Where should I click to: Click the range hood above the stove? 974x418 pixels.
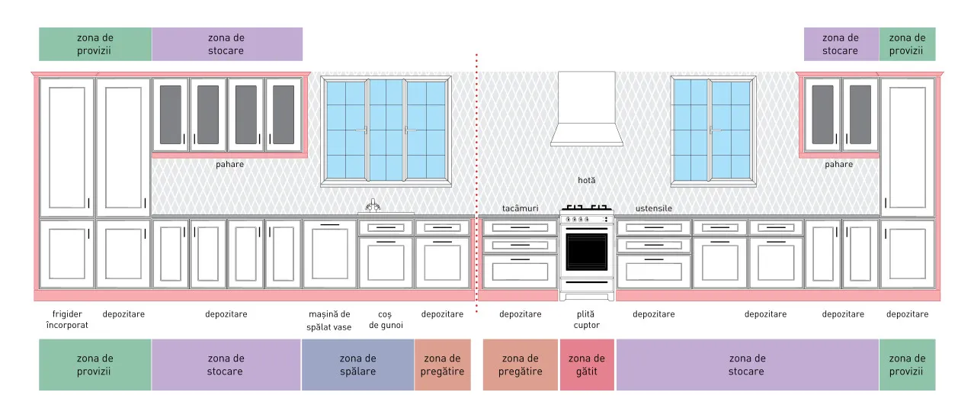tap(587, 109)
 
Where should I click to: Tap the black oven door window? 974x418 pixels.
tap(587, 252)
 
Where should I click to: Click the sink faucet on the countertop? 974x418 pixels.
tap(373, 205)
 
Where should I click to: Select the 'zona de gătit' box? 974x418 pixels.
tap(587, 365)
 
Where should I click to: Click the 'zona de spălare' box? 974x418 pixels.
tap(357, 365)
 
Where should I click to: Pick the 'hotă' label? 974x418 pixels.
tap(587, 180)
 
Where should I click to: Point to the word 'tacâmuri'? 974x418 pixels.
tap(520, 208)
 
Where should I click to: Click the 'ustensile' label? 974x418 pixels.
tap(654, 208)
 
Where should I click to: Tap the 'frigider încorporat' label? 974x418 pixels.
tap(67, 320)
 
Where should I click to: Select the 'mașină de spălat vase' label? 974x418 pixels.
tap(329, 320)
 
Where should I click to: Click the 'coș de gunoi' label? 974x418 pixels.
tap(386, 320)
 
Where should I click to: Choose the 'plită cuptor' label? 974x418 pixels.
tap(587, 320)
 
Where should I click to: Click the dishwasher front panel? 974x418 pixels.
tap(330, 254)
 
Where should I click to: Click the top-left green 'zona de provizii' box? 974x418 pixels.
tap(95, 44)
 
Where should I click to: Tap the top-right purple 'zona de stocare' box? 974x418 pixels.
tap(841, 44)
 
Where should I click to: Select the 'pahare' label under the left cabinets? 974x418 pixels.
tap(229, 165)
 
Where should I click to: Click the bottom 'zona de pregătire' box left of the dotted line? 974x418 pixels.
tap(442, 365)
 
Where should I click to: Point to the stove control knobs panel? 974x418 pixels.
tap(587, 219)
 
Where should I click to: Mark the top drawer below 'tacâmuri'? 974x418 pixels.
tap(520, 227)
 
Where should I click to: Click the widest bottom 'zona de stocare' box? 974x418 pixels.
tap(747, 365)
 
